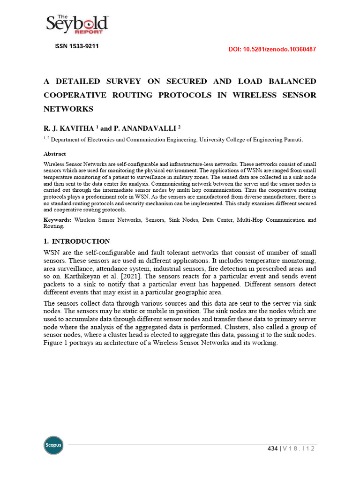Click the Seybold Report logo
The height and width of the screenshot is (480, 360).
tap(77, 24)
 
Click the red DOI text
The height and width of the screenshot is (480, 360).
tap(272, 49)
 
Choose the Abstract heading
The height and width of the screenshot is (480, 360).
tap(54, 154)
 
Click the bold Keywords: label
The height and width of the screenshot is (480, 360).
tap(58, 219)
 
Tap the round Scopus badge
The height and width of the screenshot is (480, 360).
tap(53, 445)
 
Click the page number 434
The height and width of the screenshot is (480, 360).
tap(271, 449)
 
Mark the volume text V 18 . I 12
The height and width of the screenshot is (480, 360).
tap(298, 449)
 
